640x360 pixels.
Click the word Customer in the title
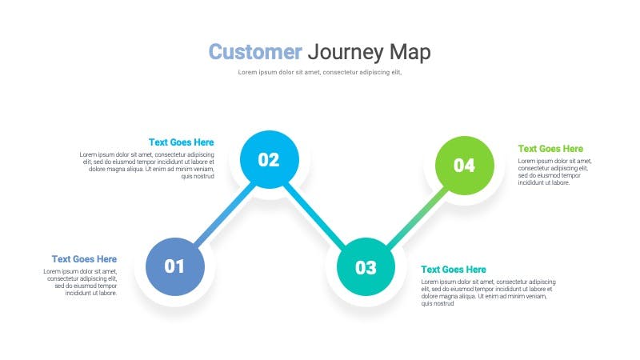(255, 52)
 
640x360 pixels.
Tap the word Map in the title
(410, 52)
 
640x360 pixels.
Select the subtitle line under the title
(319, 72)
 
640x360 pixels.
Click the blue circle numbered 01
(174, 266)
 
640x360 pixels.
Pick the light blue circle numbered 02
(269, 159)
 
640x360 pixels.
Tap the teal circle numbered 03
(366, 267)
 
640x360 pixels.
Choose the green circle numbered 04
(464, 166)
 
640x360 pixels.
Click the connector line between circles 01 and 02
(223, 212)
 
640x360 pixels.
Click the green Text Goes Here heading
(550, 149)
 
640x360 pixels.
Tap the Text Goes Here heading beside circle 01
(84, 259)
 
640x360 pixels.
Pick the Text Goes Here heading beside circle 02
(181, 142)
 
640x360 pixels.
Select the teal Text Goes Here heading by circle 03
(453, 270)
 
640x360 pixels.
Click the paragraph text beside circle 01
(80, 282)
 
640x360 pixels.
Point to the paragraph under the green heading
(554, 172)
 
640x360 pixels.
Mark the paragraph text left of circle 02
(147, 165)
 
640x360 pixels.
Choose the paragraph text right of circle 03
(488, 293)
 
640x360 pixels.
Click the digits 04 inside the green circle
(464, 166)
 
